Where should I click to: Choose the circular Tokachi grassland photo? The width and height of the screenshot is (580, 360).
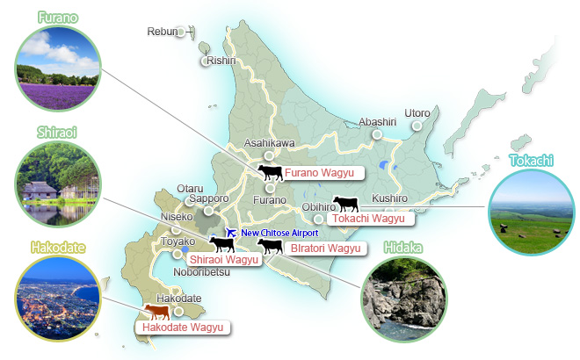tap(529, 208)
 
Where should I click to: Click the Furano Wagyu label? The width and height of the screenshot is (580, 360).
tap(312, 172)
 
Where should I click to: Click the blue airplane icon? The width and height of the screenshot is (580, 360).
tap(231, 233)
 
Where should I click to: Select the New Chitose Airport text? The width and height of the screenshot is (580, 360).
tap(279, 233)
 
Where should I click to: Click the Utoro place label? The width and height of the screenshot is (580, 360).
tap(417, 113)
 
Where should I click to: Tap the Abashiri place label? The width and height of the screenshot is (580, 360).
tap(379, 122)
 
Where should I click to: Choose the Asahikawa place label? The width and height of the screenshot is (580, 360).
tap(268, 142)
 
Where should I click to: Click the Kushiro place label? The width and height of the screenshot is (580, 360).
tap(389, 198)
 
